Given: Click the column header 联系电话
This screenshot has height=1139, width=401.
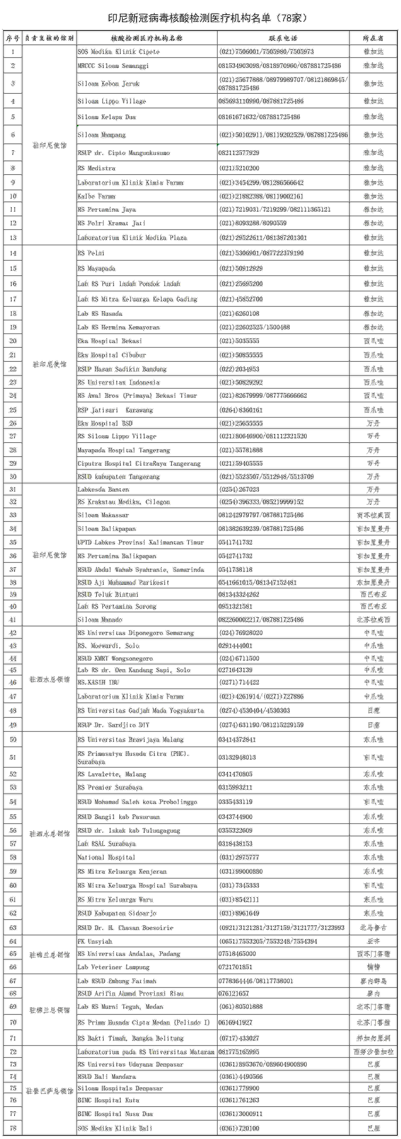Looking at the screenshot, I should tap(283, 38).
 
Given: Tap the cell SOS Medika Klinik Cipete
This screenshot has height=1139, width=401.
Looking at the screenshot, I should tap(118, 52).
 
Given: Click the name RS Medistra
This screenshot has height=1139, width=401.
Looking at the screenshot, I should tap(96, 168).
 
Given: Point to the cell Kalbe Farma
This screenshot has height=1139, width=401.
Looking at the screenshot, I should tap(96, 196).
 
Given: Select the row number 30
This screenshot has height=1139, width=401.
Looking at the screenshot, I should tap(13, 477).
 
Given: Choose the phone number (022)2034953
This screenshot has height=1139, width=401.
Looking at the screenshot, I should tap(239, 369).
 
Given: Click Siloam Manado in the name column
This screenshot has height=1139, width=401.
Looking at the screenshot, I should tap(100, 619).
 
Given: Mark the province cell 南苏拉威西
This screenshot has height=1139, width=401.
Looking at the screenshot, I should tap(373, 515).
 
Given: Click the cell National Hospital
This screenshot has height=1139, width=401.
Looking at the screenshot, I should tap(106, 857).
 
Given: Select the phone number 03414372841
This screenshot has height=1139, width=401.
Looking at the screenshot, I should tap(237, 739).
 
